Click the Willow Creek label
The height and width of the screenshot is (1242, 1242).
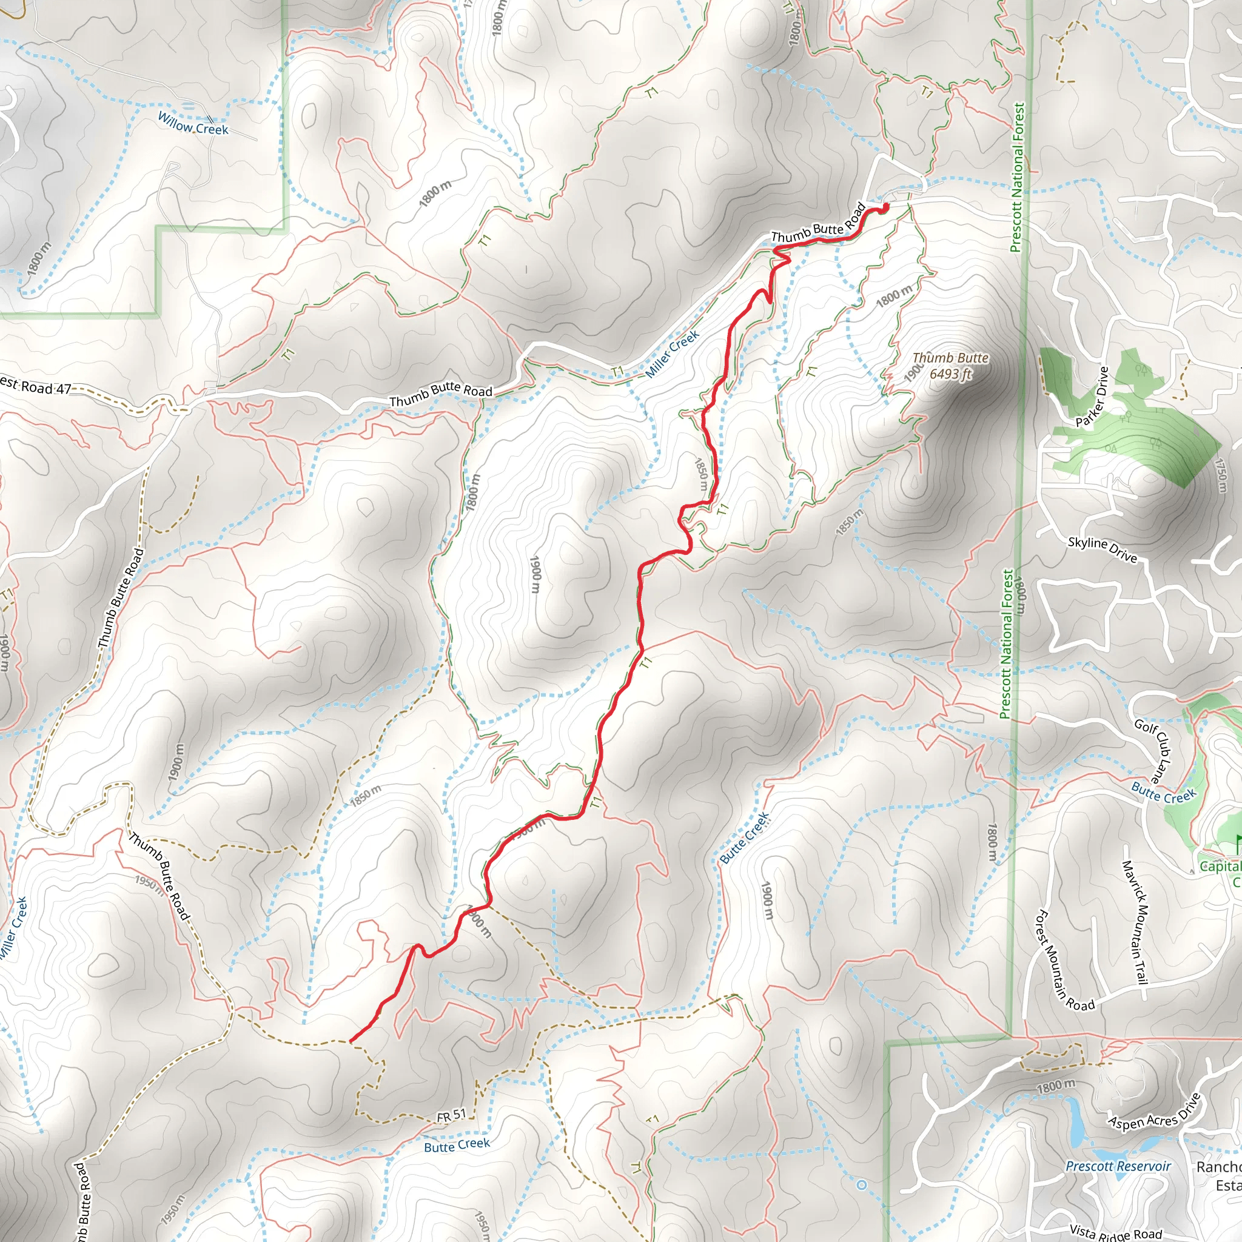(x=193, y=124)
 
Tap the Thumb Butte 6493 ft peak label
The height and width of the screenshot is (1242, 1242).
(x=950, y=366)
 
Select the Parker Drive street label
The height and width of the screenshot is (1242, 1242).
(x=1092, y=397)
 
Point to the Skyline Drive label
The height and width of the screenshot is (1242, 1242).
(x=1102, y=549)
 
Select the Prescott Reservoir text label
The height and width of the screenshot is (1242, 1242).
(x=1118, y=1166)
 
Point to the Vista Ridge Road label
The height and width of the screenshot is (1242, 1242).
(x=1116, y=1231)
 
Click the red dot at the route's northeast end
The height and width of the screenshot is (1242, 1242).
(x=885, y=206)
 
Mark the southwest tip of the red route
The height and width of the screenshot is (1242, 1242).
(x=351, y=1040)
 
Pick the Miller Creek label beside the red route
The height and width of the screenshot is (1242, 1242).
(x=672, y=354)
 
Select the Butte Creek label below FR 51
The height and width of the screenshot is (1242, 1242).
(x=457, y=1146)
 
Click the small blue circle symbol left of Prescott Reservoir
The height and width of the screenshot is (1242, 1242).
(x=862, y=1184)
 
